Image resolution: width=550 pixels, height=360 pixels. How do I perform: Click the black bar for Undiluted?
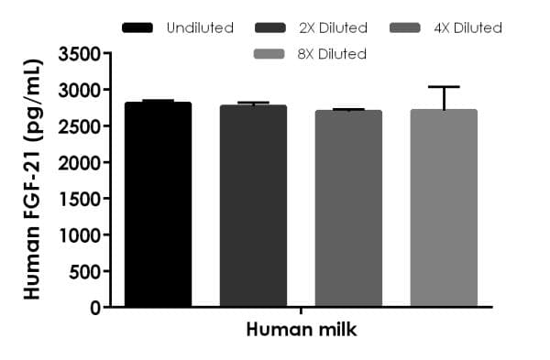click(158, 205)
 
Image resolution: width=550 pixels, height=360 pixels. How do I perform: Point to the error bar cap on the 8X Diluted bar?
click(444, 87)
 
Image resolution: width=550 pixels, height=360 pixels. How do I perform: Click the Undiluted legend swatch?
click(138, 27)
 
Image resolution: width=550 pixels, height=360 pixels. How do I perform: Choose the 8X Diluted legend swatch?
click(272, 54)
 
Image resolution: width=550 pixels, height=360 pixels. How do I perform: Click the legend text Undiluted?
click(200, 27)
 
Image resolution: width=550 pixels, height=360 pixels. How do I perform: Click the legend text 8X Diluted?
click(331, 54)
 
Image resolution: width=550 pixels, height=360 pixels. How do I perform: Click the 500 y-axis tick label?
click(83, 271)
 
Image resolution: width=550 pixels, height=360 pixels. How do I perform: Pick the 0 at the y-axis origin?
click(94, 308)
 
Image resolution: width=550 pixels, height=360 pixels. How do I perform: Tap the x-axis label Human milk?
click(301, 330)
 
